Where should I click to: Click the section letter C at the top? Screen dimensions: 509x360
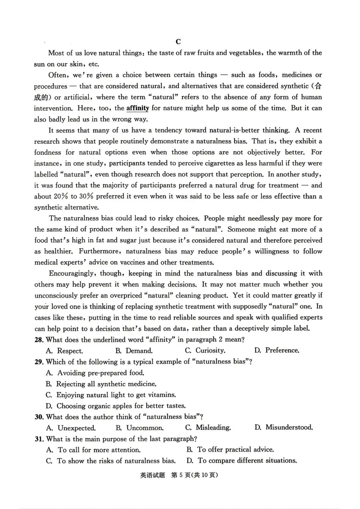pos(178,42)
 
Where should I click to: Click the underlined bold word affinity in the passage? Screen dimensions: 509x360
pos(138,108)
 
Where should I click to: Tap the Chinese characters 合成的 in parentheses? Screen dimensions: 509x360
pos(318,86)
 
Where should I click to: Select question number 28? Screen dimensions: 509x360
pos(39,340)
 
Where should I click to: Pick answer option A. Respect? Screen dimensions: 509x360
pos(65,351)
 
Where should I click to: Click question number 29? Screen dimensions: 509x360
pos(39,362)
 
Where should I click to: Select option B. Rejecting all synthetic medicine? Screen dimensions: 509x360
pos(101,384)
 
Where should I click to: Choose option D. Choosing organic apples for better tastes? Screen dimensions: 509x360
pos(116,406)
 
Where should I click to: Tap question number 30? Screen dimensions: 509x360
pos(39,417)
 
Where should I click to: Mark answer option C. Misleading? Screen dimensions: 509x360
pos(208,428)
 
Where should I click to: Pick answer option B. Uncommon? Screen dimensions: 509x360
pos(140,428)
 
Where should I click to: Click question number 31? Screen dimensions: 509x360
pos(39,439)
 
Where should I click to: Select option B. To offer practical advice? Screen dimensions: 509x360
pos(230,450)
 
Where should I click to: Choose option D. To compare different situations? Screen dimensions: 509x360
pos(242,461)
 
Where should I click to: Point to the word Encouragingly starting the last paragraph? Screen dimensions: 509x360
pos(69,274)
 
